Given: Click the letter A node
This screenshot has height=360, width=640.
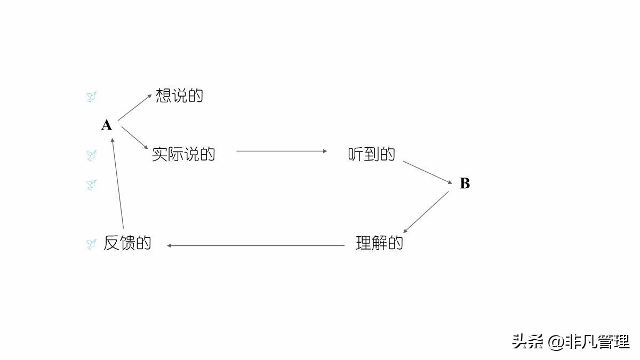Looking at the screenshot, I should (107, 125).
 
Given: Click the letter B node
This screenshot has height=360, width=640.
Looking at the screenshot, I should (465, 183).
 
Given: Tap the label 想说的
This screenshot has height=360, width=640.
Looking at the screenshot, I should (179, 96).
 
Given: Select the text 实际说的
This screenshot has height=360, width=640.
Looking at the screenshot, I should (183, 154).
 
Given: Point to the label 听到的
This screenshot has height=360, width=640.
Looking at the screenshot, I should (372, 154).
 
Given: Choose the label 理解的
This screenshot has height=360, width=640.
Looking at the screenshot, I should (379, 243).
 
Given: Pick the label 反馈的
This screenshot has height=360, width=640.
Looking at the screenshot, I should (127, 243).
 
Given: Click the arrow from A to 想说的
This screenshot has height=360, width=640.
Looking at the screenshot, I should (134, 108).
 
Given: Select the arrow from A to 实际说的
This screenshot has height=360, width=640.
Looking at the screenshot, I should (134, 138).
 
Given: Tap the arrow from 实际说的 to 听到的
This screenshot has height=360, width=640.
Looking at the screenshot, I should (282, 151).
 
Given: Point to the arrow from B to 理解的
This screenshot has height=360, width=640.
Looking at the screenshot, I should (426, 212).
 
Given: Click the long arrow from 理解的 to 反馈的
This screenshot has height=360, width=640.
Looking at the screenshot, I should (256, 246).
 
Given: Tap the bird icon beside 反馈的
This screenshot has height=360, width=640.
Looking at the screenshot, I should (91, 244).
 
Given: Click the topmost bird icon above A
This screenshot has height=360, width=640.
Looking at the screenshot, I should (91, 97).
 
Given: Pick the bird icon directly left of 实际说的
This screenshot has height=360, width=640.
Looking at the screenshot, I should (91, 155).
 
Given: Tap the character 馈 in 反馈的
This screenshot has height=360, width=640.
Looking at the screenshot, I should (127, 243).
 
